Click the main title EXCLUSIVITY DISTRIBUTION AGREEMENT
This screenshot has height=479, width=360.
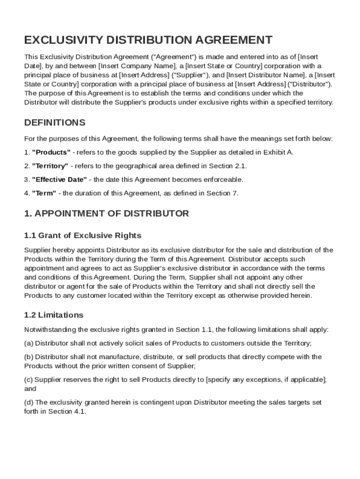click(148, 40)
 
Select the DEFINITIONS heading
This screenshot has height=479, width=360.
click(55, 123)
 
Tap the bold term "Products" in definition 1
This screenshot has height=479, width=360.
click(51, 152)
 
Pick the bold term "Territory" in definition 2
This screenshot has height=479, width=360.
click(50, 166)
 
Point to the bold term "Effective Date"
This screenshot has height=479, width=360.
click(59, 180)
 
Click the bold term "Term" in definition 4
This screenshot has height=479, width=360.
click(44, 193)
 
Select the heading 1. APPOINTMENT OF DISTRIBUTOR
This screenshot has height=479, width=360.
click(107, 214)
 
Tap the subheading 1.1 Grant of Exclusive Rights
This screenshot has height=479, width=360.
click(83, 235)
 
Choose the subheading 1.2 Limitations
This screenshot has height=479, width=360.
click(54, 315)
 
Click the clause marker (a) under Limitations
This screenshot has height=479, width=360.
click(29, 343)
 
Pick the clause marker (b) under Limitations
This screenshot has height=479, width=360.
click(29, 357)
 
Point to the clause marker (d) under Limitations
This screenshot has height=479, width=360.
click(29, 402)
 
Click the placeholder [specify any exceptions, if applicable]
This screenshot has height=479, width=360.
click(266, 379)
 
